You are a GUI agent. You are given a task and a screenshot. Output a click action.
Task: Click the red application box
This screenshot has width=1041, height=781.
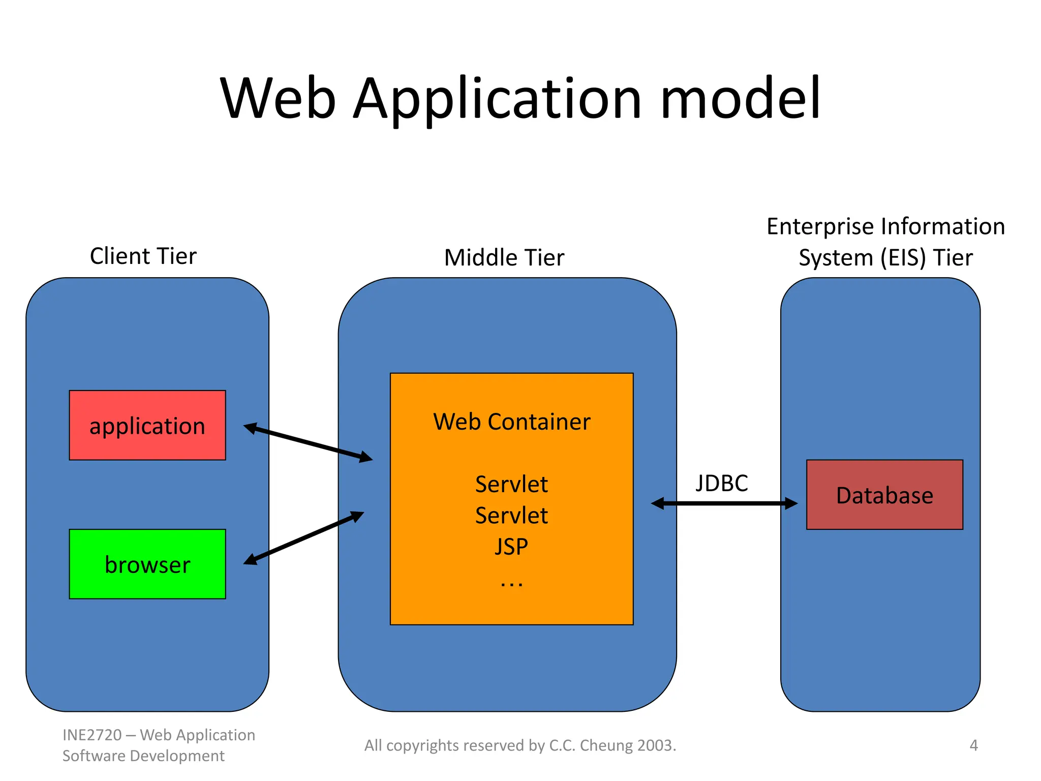click(x=147, y=426)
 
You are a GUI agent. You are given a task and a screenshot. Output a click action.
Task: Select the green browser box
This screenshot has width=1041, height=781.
click(x=147, y=564)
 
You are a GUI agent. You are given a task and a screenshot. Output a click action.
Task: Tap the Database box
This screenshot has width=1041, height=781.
click(x=884, y=495)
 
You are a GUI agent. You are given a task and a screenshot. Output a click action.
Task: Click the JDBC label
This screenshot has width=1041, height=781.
click(x=721, y=483)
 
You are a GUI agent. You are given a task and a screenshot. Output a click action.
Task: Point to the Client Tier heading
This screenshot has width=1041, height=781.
click(x=143, y=256)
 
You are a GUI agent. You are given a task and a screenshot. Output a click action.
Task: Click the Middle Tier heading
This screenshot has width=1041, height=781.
click(x=504, y=257)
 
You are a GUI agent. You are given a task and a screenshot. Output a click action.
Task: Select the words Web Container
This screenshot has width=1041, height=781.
click(x=511, y=422)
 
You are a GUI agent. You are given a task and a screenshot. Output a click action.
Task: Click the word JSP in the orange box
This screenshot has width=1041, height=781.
click(x=511, y=547)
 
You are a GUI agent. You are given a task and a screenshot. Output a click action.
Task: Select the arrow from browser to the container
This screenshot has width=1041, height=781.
click(x=303, y=538)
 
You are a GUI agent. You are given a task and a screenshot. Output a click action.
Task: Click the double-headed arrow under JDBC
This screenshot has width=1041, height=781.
click(x=724, y=503)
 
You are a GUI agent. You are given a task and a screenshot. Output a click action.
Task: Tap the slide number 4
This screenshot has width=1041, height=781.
click(x=973, y=745)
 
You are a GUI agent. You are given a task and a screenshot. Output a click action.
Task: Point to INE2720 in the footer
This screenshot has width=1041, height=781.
click(x=92, y=735)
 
